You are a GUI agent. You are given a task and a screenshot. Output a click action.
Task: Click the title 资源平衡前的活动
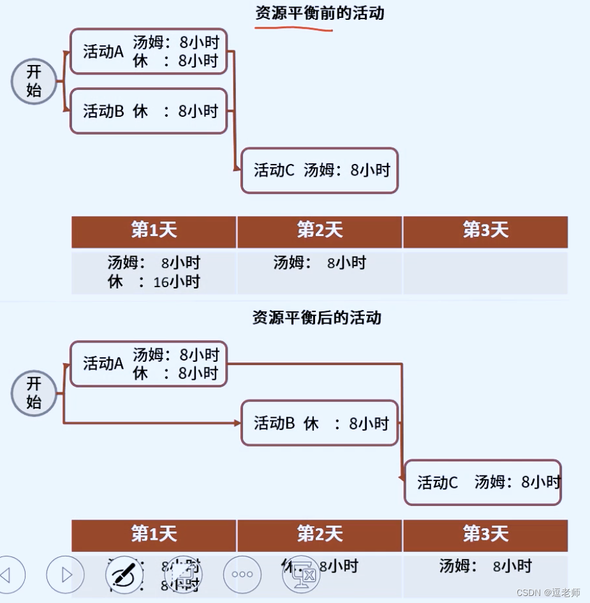point(320,13)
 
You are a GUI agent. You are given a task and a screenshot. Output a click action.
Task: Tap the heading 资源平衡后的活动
point(317,317)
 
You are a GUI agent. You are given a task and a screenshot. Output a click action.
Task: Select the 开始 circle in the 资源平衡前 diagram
point(34,81)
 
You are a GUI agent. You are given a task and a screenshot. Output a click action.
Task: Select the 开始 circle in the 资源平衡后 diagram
point(34,393)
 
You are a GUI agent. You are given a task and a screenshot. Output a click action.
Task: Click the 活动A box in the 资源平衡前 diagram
point(148,52)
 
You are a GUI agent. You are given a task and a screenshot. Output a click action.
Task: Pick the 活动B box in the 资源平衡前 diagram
point(148,111)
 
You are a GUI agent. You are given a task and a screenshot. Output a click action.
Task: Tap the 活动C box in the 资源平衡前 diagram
point(320,170)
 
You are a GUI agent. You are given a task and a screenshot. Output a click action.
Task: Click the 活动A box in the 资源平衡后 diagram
point(148,364)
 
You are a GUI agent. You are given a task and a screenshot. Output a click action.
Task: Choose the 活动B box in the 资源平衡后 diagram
point(320,423)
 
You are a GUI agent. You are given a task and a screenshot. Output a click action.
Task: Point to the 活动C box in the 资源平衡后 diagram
point(483,482)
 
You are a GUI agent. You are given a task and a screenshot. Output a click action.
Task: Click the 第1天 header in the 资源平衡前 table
point(154,231)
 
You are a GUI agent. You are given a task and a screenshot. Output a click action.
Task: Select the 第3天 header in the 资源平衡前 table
point(485,231)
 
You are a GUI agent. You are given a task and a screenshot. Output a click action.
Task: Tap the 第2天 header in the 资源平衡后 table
point(320,534)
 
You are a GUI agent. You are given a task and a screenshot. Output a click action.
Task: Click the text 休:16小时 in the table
point(154,281)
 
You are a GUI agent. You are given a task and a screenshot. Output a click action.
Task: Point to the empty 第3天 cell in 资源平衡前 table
point(485,272)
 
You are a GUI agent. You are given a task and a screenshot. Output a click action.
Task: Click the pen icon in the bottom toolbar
point(124,574)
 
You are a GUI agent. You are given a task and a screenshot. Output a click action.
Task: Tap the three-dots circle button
point(242,574)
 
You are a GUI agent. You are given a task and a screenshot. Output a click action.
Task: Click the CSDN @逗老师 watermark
point(549,593)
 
